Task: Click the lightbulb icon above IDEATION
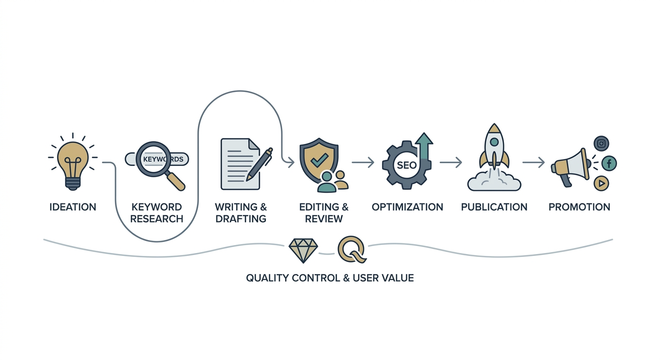pyautogui.click(x=73, y=165)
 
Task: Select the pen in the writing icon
pyautogui.click(x=260, y=164)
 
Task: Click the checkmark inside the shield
pyautogui.click(x=319, y=160)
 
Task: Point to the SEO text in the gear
pyautogui.click(x=406, y=165)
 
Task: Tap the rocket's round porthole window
pyautogui.click(x=494, y=142)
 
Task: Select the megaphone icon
pyautogui.click(x=571, y=167)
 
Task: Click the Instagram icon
pyautogui.click(x=601, y=143)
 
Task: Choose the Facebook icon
pyautogui.click(x=609, y=163)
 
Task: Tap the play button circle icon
pyautogui.click(x=601, y=183)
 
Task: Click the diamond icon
pyautogui.click(x=303, y=250)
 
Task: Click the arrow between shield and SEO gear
pyautogui.click(x=363, y=162)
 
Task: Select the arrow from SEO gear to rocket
pyautogui.click(x=451, y=162)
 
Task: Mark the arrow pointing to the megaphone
pyautogui.click(x=533, y=162)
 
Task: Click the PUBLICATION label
pyautogui.click(x=494, y=207)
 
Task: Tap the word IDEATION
pyautogui.click(x=73, y=207)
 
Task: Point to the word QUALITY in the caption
pyautogui.click(x=268, y=278)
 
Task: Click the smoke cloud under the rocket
pyautogui.click(x=494, y=181)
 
